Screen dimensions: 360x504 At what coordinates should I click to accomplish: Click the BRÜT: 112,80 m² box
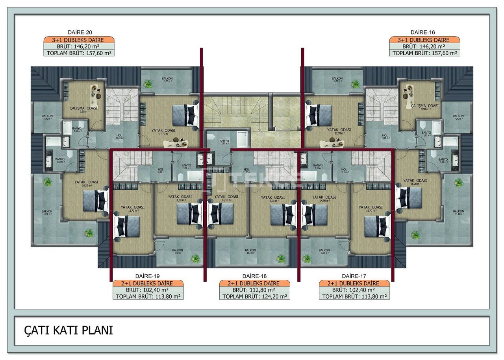click(x=254, y=290)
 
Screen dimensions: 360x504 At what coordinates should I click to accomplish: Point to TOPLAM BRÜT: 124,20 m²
click(x=254, y=297)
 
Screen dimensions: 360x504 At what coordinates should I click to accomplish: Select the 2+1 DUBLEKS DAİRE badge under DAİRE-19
click(x=148, y=283)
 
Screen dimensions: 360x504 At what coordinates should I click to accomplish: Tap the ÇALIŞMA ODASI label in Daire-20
click(x=83, y=108)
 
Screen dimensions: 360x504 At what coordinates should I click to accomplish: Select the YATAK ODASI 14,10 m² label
click(x=226, y=197)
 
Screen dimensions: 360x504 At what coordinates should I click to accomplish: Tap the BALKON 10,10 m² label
click(x=250, y=251)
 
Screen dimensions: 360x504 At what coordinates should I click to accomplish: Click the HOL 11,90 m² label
click(x=247, y=170)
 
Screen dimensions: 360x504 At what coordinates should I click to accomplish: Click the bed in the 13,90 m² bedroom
click(x=283, y=214)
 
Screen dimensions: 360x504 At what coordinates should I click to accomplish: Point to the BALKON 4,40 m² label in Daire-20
click(x=48, y=117)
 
